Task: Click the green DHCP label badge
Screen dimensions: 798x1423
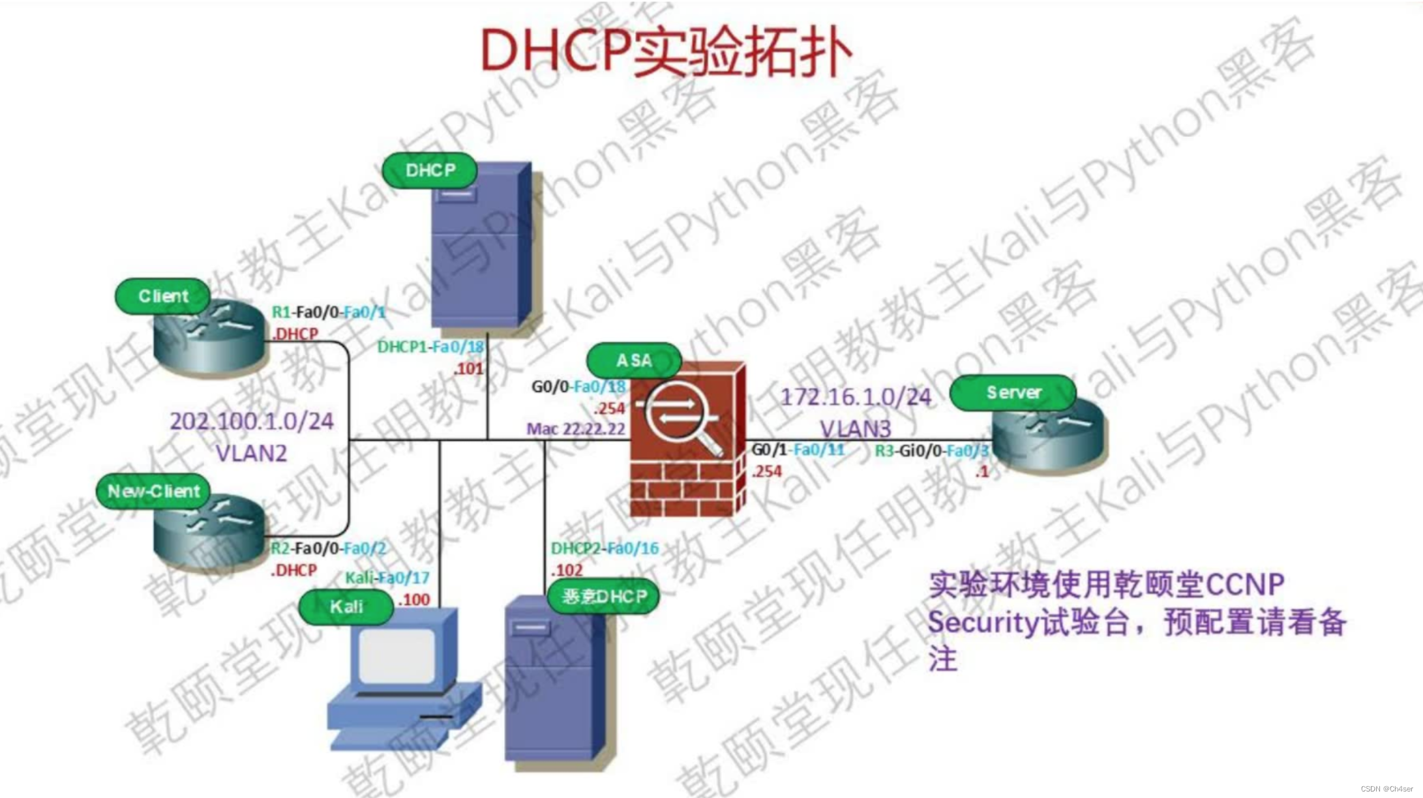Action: [x=430, y=171]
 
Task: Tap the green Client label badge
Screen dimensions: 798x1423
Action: [x=163, y=297]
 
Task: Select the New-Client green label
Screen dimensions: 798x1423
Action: [x=154, y=492]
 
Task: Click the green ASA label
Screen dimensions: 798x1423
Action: [x=634, y=361]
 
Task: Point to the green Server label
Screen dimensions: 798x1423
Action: [x=1013, y=392]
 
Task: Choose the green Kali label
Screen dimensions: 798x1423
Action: [x=346, y=607]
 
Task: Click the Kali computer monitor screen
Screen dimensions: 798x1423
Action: [x=397, y=656]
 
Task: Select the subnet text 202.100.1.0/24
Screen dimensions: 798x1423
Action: [x=252, y=422]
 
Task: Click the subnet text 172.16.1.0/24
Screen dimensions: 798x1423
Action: [x=856, y=397]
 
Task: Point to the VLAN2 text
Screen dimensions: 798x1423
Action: [x=251, y=453]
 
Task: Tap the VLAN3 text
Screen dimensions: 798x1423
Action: [x=855, y=429]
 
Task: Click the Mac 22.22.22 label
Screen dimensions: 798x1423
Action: [x=576, y=429]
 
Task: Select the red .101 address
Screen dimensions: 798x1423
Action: [x=469, y=369]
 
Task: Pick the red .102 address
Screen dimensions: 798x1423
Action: [x=567, y=570]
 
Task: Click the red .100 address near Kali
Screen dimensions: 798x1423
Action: [x=414, y=600]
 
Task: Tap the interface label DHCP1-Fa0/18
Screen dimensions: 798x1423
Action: [x=430, y=347]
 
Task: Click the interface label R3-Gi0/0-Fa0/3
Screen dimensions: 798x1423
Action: [x=932, y=451]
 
